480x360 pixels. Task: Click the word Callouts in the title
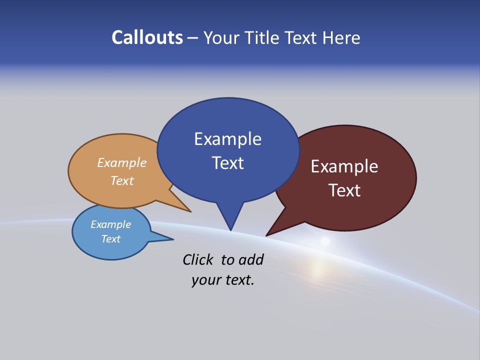[147, 37]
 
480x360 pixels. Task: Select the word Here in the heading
[342, 37]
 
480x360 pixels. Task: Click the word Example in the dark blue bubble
[227, 139]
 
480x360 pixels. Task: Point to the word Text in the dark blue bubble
[227, 163]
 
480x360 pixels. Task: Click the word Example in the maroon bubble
[344, 166]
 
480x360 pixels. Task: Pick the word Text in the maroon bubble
[344, 190]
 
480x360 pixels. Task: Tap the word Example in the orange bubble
[122, 163]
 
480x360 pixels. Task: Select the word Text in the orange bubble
[122, 180]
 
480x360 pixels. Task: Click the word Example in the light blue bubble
[111, 224]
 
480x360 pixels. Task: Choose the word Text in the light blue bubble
[111, 239]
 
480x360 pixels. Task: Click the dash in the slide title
[193, 38]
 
